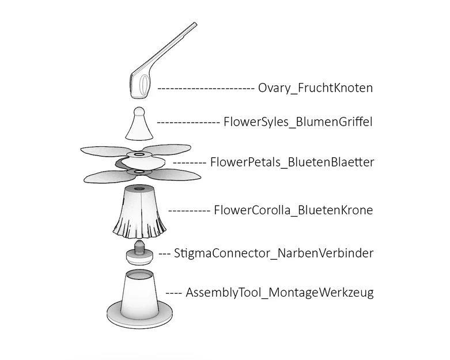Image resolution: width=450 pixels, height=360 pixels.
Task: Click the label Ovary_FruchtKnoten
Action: pos(315,88)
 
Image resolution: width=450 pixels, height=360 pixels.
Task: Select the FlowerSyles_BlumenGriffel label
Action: pos(298,122)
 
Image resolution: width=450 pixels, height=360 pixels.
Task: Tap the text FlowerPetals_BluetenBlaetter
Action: pos(292,162)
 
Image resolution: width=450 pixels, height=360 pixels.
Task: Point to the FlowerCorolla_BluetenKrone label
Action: pos(293,210)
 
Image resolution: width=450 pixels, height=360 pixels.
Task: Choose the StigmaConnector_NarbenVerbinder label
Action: pos(274,253)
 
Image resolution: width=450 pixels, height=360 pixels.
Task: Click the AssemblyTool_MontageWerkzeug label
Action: pos(280,293)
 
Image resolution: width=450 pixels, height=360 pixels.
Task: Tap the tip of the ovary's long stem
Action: pos(195,24)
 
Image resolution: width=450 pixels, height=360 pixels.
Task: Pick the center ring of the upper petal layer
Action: pos(139,155)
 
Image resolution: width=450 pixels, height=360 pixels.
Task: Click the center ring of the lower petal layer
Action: pos(139,172)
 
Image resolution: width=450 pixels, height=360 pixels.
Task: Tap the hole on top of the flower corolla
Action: pos(140,189)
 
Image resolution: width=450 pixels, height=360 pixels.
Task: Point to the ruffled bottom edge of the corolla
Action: pos(139,231)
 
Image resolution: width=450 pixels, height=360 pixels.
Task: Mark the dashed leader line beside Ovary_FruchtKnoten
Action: pos(206,88)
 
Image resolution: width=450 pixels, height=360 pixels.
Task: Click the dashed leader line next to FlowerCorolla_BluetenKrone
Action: pos(190,211)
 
